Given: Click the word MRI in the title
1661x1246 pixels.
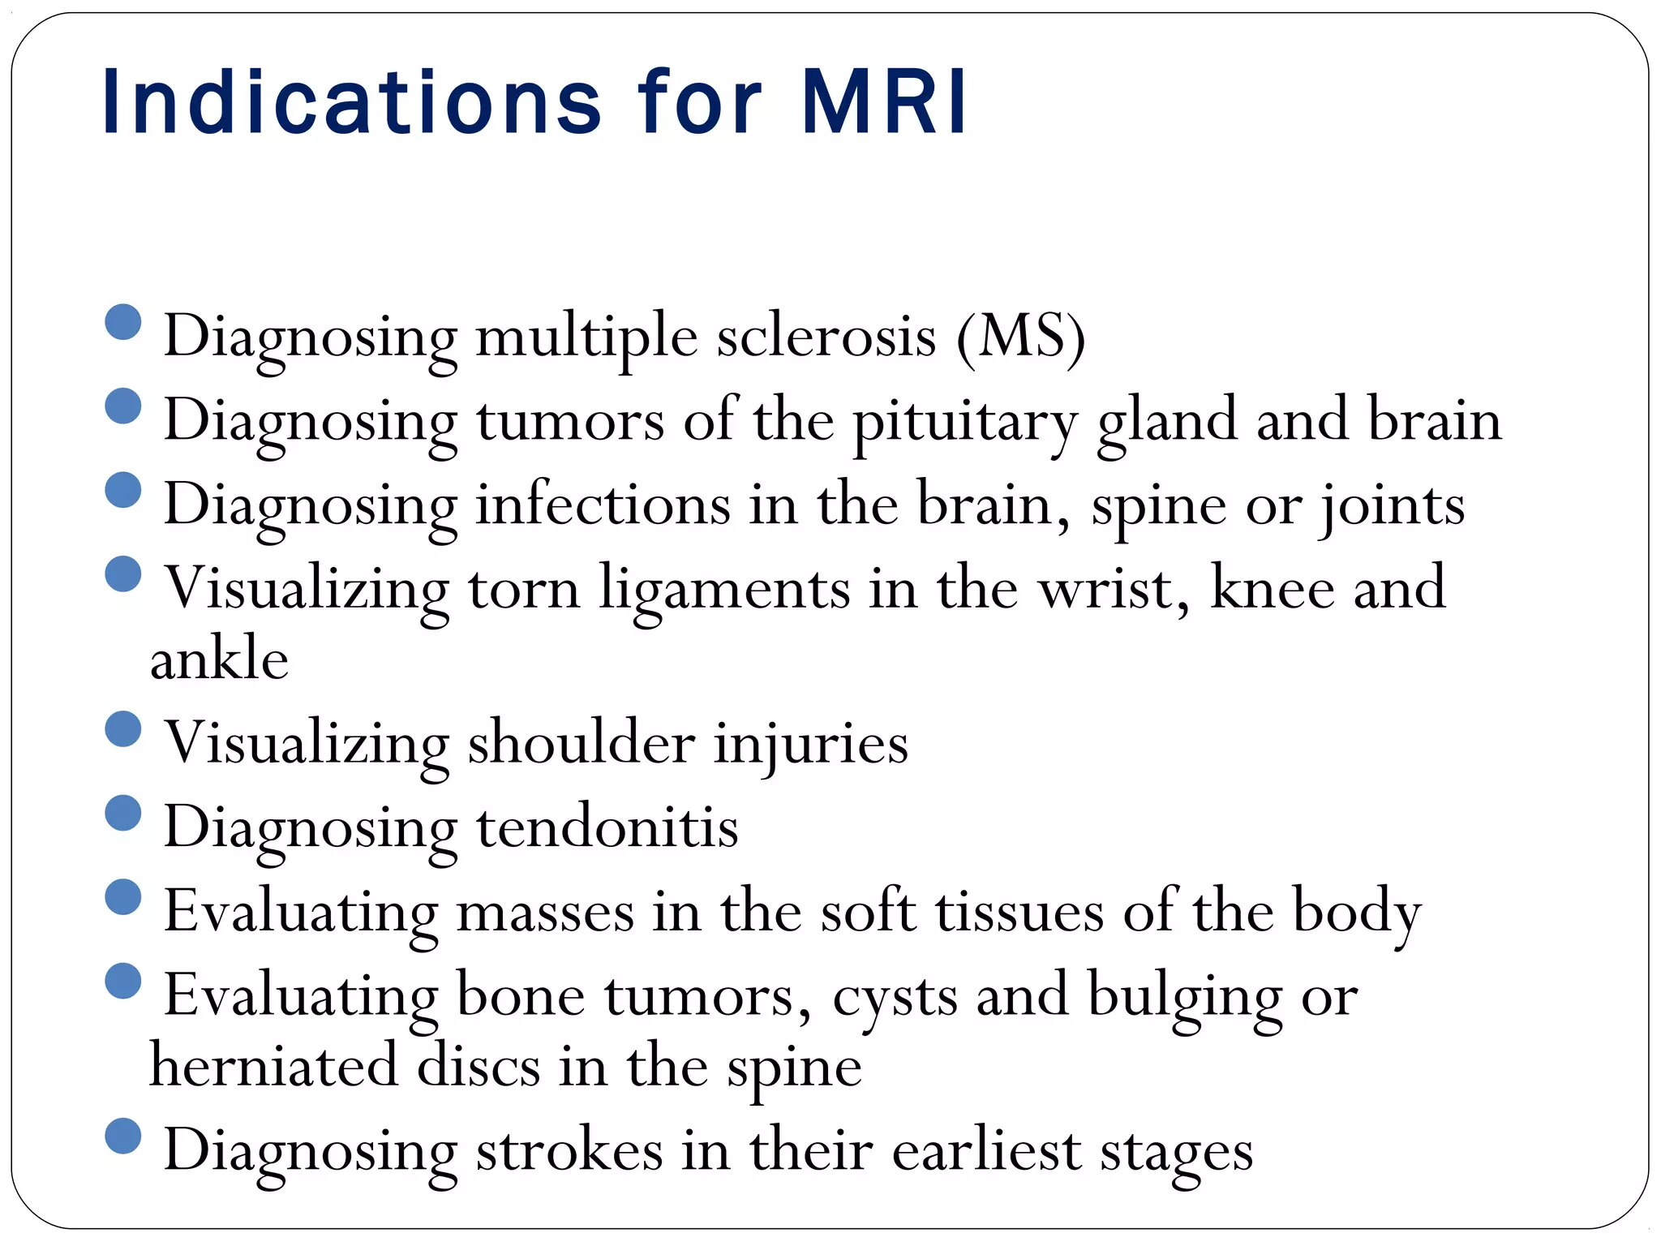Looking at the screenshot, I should click(x=885, y=103).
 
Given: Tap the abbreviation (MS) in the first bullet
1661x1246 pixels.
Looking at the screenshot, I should click(x=1020, y=337).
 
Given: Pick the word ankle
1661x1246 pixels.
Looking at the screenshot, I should click(x=219, y=659).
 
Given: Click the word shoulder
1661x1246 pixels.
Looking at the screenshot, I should click(x=581, y=743).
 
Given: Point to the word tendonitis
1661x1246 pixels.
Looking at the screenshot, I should click(x=607, y=828).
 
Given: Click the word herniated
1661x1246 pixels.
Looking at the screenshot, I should click(x=273, y=1066).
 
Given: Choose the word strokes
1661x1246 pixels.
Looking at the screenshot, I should click(x=569, y=1151).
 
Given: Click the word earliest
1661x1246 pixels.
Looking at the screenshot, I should click(x=986, y=1151).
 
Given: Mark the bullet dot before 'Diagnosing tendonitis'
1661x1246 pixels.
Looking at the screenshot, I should click(x=123, y=813).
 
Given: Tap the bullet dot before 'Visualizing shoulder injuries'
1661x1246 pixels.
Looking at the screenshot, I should click(x=123, y=728).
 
